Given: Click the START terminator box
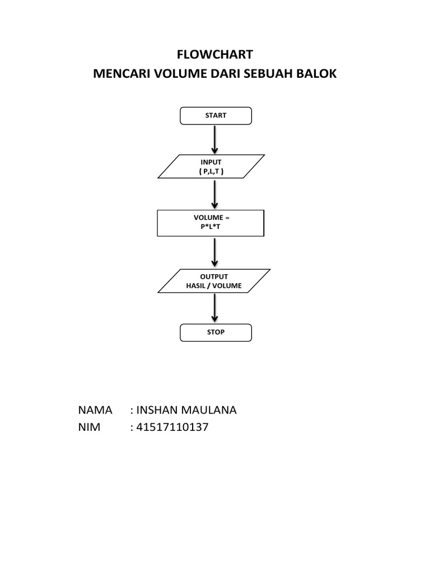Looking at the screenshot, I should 216,116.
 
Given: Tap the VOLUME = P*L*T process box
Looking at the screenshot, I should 211,223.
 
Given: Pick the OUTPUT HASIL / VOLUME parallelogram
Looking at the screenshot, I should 214,281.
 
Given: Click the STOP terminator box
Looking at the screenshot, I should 216,332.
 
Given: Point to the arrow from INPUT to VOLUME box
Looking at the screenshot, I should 215,194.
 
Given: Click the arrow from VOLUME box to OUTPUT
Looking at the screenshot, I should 215,252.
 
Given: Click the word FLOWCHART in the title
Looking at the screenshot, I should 215,54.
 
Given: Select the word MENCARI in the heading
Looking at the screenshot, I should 117,74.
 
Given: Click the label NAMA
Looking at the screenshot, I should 95,410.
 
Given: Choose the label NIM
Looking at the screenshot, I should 90,428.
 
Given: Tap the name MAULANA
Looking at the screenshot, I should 209,410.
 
